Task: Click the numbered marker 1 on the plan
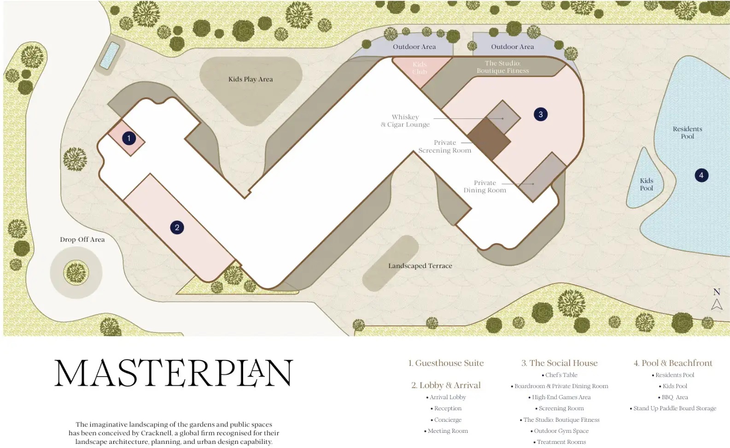click(129, 138)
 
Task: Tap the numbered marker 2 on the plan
click(177, 227)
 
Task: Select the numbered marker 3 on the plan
click(541, 114)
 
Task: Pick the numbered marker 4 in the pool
click(701, 175)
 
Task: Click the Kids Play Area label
click(251, 79)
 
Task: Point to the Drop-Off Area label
click(82, 240)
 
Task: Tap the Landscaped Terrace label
click(420, 266)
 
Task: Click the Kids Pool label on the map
click(646, 184)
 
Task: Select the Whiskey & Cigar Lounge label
click(405, 121)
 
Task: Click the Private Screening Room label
click(444, 147)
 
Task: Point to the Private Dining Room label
click(485, 187)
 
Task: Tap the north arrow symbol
click(717, 304)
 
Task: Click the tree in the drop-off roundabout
click(76, 272)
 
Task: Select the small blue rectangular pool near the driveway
click(110, 55)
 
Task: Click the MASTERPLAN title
click(174, 373)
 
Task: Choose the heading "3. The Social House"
click(559, 363)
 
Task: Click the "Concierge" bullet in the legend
click(448, 420)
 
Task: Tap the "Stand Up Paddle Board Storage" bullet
click(675, 408)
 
